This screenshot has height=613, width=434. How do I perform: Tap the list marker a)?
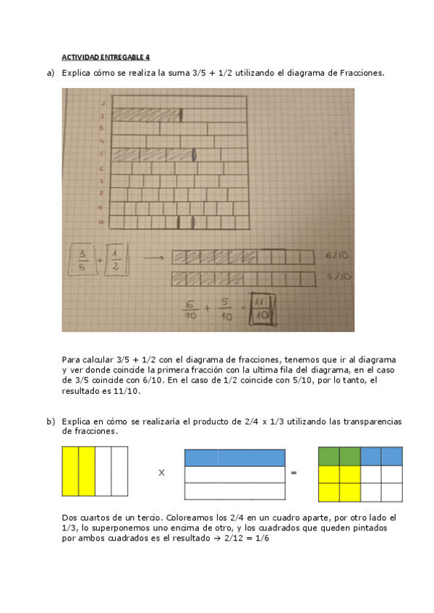coord(50,73)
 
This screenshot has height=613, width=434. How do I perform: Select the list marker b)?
coord(50,421)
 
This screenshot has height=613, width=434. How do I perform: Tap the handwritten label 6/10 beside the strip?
coord(338,255)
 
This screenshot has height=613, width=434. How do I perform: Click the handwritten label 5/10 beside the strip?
coord(338,276)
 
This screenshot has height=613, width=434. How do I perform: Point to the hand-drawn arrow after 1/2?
coord(150,258)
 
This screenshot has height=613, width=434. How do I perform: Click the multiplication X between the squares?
coord(161,473)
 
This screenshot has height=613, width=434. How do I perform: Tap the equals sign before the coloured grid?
coord(294,473)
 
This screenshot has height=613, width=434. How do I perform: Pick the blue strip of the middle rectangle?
coord(234,457)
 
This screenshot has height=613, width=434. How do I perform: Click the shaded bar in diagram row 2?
coord(147,115)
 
